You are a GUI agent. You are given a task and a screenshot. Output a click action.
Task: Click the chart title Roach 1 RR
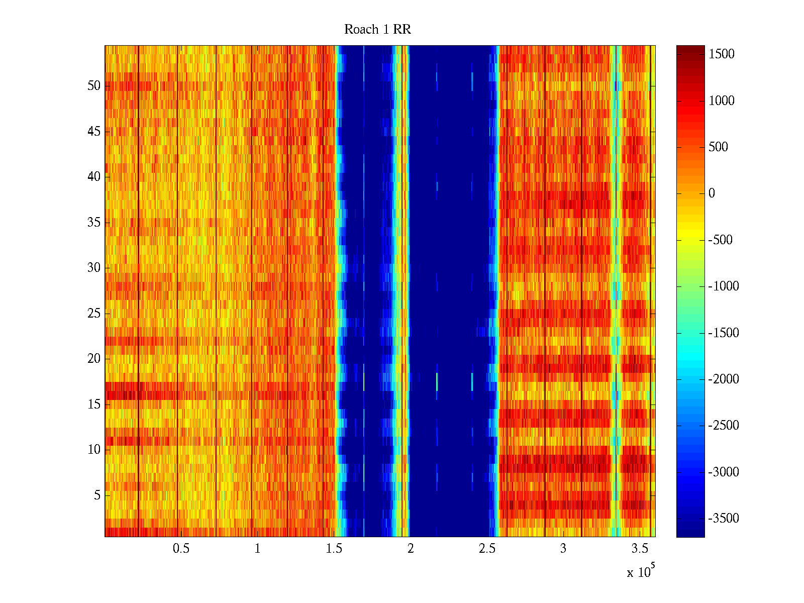[377, 30]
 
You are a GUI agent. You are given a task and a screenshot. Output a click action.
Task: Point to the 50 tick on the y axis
[94, 86]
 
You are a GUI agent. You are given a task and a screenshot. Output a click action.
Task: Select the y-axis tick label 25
[94, 314]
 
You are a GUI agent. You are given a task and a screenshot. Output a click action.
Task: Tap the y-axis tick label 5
[97, 495]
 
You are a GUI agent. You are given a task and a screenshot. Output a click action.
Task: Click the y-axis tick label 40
[94, 177]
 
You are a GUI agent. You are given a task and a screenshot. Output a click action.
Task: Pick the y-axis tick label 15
[94, 405]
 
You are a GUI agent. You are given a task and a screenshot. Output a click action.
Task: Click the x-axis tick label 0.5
[181, 549]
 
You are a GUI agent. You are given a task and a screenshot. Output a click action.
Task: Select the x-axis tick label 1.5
[334, 549]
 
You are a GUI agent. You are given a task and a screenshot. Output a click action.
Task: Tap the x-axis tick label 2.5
[487, 549]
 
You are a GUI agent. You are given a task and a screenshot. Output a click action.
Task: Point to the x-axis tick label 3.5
[640, 549]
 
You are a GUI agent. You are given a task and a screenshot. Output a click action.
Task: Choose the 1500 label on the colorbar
[722, 54]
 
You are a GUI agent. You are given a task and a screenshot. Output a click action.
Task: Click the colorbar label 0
[712, 193]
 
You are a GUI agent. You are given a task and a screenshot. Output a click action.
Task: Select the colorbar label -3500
[724, 519]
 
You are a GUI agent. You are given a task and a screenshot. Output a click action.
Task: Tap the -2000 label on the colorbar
[724, 379]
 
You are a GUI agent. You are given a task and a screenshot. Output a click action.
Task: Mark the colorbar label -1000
[724, 286]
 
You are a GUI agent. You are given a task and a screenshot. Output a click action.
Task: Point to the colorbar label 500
[718, 147]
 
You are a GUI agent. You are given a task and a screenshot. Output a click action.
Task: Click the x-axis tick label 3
[563, 549]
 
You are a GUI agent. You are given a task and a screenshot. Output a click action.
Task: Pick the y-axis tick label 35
[94, 223]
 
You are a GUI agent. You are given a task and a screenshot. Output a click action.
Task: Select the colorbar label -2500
[724, 426]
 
